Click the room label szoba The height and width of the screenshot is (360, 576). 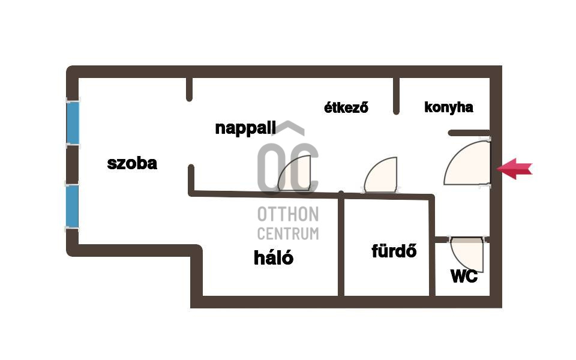coord(132,163)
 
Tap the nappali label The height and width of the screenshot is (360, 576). coord(245,128)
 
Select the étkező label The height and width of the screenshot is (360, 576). coord(346,108)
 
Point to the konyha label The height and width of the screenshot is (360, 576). coord(448,107)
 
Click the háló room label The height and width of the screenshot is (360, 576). coord(274,258)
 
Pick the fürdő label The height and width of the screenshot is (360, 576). coord(394,251)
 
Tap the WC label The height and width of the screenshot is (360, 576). coord(464,276)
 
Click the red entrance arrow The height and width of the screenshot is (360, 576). coord(514,169)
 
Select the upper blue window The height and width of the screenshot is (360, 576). coord(73,122)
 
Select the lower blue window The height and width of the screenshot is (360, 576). coord(73,205)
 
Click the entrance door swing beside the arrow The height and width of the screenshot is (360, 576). coord(470,164)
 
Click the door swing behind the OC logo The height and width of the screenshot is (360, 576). coord(295,175)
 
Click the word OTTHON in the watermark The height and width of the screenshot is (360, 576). coord(288,214)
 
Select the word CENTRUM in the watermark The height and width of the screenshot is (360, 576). coord(288,233)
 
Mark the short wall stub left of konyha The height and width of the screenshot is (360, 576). coord(396,95)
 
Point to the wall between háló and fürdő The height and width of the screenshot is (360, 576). coord(341,246)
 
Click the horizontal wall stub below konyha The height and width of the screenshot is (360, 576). coord(469,133)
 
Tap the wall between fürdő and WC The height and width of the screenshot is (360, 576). coord(432,252)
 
